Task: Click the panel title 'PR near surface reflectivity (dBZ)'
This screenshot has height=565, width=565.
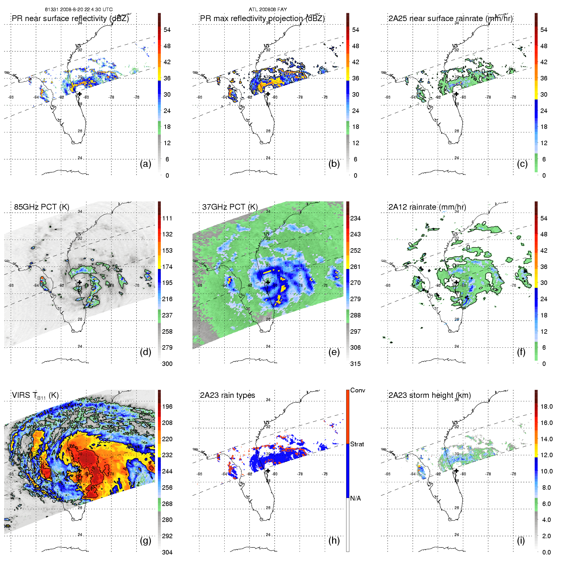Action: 70,19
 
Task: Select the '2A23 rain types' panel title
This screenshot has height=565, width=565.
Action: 227,395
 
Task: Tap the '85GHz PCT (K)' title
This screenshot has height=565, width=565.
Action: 41,207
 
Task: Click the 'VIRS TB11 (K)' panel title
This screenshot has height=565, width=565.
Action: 35,396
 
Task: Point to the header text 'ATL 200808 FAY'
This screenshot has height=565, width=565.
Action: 268,10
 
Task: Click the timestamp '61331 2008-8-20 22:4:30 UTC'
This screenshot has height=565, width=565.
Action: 79,10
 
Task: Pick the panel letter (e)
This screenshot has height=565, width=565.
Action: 334,352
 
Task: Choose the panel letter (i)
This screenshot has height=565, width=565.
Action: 521,540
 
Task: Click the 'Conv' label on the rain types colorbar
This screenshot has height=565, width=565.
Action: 358,390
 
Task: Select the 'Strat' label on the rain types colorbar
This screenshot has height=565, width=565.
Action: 357,444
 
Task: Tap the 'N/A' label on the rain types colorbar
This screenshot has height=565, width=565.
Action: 355,498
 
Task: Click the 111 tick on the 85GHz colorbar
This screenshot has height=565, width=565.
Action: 167,218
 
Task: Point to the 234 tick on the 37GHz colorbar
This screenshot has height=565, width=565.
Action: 355,218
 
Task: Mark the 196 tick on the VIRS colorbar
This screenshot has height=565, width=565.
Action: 167,406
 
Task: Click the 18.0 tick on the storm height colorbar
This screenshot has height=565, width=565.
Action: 546,406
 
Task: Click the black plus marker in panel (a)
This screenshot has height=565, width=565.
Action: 79,94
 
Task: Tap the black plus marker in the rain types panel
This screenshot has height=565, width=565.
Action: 268,471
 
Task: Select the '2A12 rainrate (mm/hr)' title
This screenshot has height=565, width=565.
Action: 427,207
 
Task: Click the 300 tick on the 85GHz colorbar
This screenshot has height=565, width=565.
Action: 167,364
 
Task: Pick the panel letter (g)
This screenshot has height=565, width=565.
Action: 145,540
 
